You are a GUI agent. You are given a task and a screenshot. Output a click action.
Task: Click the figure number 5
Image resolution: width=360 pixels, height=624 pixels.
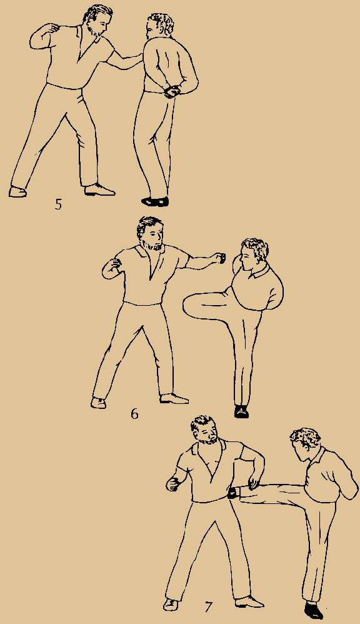click(58, 204)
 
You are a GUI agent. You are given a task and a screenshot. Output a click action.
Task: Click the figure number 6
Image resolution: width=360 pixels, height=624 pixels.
click(134, 414)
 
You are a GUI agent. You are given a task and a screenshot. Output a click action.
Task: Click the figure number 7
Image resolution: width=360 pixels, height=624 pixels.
click(208, 606)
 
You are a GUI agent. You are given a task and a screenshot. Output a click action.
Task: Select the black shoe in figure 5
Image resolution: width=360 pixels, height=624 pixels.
click(155, 201)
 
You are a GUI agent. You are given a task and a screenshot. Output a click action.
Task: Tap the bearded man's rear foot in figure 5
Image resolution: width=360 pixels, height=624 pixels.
click(18, 191)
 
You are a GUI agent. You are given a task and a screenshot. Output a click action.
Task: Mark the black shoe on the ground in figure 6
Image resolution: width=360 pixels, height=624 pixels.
click(241, 411)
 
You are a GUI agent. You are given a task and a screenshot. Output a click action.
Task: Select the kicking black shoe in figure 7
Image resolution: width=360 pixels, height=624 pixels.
click(233, 493)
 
